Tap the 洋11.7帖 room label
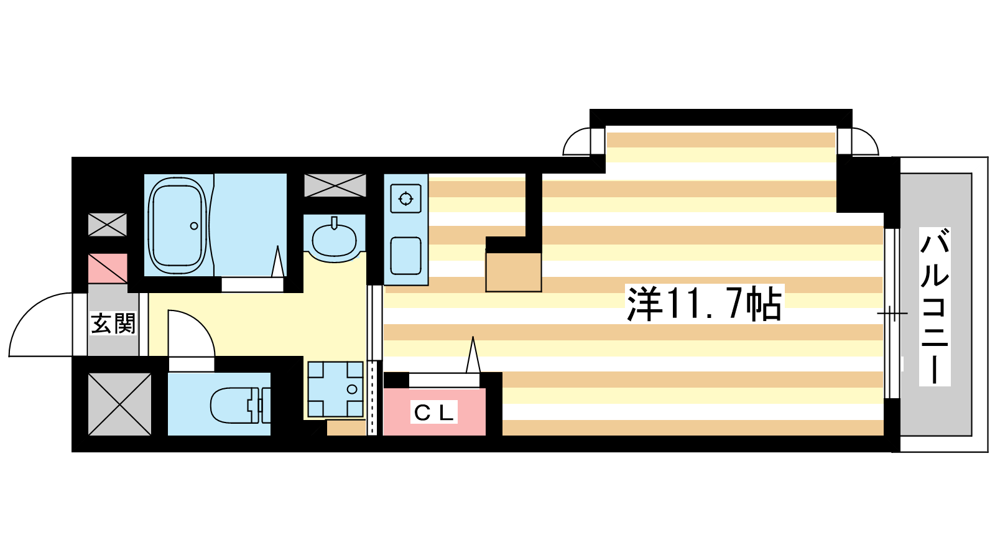(x=705, y=304)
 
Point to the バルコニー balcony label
(x=934, y=306)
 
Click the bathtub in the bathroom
(x=178, y=226)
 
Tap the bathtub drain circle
(x=194, y=226)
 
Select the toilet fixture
(x=240, y=405)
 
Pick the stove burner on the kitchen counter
(x=405, y=198)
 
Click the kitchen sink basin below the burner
(x=405, y=256)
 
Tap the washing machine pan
(x=335, y=390)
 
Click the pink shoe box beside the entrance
(x=108, y=268)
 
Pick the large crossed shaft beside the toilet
(x=119, y=404)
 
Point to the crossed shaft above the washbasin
(x=335, y=185)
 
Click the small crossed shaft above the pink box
(x=108, y=225)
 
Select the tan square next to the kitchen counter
(x=514, y=272)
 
